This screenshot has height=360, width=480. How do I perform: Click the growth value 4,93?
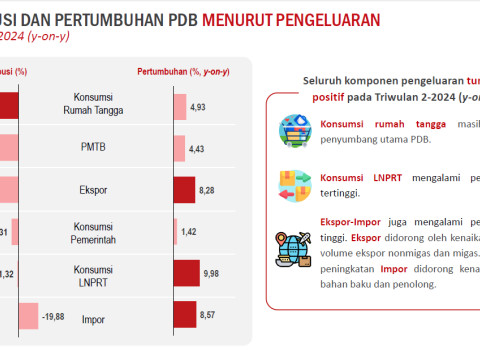197,106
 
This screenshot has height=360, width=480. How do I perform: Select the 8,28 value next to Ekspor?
207,189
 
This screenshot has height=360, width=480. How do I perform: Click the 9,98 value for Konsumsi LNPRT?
211,273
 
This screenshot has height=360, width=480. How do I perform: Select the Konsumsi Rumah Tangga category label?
107,105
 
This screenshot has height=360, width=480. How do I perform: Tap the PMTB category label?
107,148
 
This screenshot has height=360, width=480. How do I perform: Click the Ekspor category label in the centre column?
107,189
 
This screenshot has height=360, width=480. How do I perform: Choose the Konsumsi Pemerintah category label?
107,231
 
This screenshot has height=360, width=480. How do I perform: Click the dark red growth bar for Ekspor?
184,189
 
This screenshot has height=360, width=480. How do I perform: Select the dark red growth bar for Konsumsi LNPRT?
186,273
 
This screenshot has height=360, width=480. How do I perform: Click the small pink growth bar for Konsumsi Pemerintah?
176,231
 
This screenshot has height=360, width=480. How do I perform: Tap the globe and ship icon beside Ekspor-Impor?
295,248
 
